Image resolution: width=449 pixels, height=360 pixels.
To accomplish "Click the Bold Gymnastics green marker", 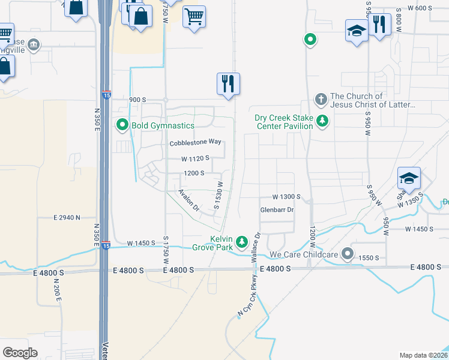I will tap(122, 125).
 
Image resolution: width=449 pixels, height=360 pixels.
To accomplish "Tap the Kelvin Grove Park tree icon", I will tap(242, 242).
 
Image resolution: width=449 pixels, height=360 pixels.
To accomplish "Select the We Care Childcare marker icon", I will tap(348, 254).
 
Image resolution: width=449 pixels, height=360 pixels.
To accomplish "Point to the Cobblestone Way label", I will tap(196, 143).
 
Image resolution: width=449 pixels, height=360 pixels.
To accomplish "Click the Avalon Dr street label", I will tap(189, 200).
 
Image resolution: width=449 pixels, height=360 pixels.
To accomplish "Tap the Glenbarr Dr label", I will tap(277, 210).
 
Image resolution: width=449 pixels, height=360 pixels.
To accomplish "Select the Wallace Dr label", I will tap(255, 245).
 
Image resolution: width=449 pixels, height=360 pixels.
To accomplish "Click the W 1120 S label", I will tap(196, 158).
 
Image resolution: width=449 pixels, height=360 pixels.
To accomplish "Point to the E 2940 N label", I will tap(67, 217).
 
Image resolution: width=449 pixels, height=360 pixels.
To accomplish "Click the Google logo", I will tap(20, 353).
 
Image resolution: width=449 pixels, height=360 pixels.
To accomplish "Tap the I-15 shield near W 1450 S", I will tap(106, 245).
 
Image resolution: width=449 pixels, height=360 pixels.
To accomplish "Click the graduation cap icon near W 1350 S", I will tap(409, 178).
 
